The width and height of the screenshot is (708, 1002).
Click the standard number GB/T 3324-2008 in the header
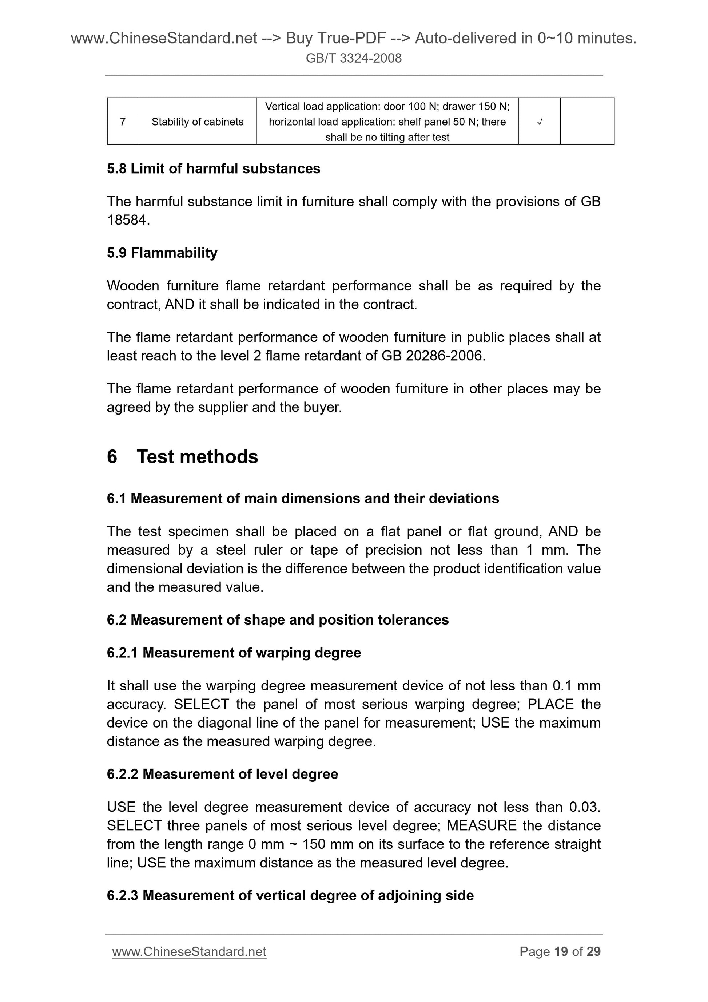(353, 58)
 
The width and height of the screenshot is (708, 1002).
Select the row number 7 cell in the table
(123, 122)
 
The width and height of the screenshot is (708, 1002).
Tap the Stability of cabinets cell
(197, 122)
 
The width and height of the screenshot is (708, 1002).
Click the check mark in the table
(539, 122)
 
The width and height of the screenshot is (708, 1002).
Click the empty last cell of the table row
(587, 122)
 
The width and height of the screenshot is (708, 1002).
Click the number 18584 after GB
(128, 221)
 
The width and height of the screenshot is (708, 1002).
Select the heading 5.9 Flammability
(162, 253)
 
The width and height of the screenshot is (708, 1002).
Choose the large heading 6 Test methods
(182, 456)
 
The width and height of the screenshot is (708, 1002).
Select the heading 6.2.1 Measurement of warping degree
(234, 653)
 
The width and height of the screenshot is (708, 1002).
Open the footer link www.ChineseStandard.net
(189, 952)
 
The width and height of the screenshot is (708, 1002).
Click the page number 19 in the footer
(561, 952)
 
